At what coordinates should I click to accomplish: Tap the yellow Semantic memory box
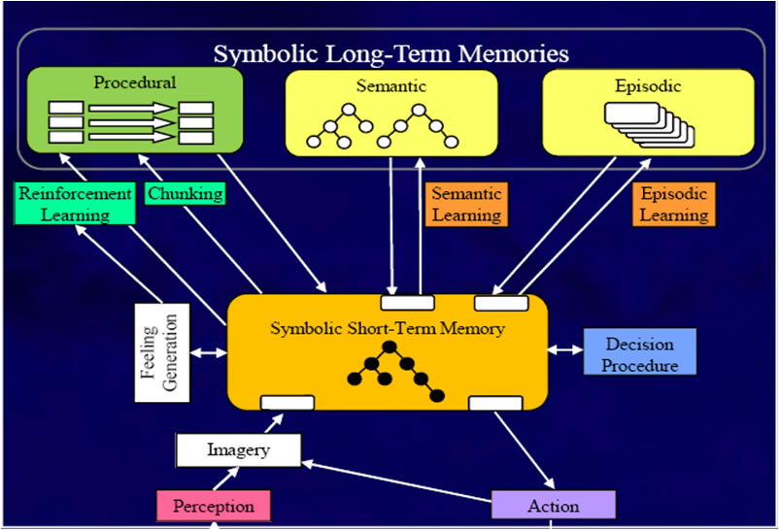coord(391,113)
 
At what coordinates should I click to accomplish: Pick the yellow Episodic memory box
coord(648,113)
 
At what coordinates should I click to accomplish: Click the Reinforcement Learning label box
coord(75,204)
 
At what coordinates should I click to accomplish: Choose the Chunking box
coord(185,193)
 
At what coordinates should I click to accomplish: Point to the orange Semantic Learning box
coord(466,204)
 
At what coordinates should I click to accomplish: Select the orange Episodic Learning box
coord(672,204)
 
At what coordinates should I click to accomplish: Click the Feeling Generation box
coord(161,352)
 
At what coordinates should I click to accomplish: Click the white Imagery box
coord(238,450)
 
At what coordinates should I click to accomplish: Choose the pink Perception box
coord(214,506)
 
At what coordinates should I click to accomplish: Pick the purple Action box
coord(554,506)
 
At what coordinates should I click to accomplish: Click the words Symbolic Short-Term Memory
coord(388,328)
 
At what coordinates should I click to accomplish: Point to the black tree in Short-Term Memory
coord(392,372)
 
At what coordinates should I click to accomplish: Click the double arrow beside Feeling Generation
coord(208,352)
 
